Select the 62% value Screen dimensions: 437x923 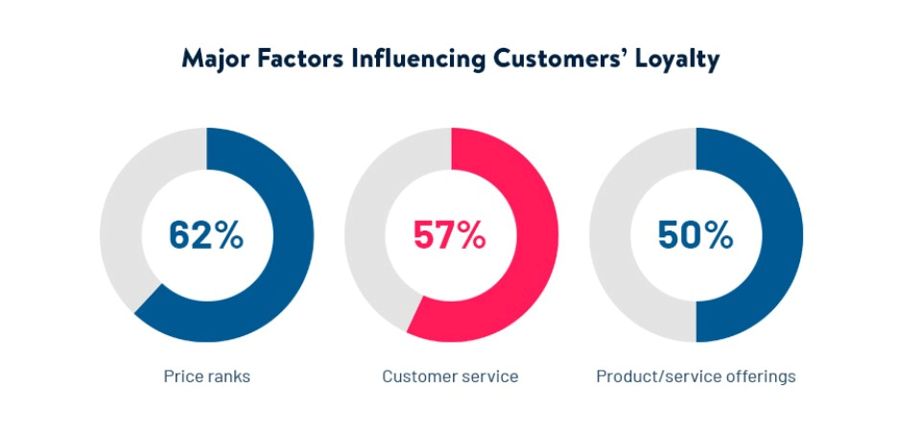tap(206, 235)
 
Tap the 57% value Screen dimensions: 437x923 tap(451, 235)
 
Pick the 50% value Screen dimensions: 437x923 tap(696, 235)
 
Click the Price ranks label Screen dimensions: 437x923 tap(206, 376)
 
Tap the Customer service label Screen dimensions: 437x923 tap(450, 376)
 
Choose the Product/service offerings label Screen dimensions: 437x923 tap(696, 376)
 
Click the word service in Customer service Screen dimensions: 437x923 tap(490, 376)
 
